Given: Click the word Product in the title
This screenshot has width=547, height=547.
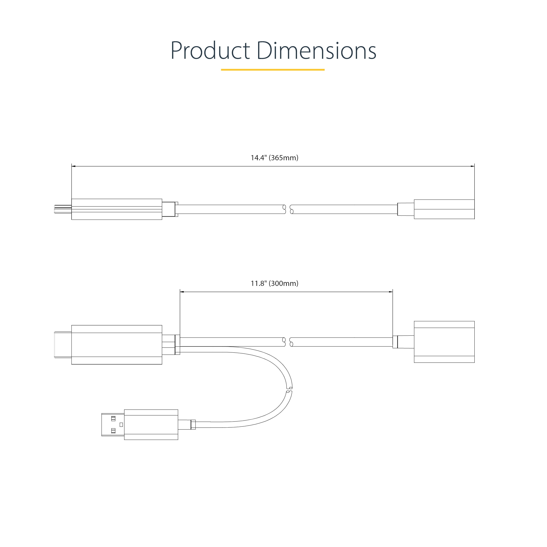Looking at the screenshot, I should [x=210, y=51].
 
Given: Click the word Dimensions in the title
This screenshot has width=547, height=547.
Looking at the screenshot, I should [x=316, y=51].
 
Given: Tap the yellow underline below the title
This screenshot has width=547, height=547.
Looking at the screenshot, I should [x=273, y=70].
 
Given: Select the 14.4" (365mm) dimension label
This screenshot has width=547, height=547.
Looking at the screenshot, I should [x=274, y=158].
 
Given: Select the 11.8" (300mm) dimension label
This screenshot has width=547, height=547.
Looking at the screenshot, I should [x=274, y=283].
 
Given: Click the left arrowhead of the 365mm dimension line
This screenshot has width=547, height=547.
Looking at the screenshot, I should [x=73, y=166].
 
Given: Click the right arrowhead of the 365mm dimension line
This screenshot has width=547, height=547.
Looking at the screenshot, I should [x=473, y=166].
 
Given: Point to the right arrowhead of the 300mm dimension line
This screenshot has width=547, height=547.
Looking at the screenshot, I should [x=391, y=292].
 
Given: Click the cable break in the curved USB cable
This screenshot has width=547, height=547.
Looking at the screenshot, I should [x=289, y=390].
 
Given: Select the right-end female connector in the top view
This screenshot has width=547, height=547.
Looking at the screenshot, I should [x=444, y=209].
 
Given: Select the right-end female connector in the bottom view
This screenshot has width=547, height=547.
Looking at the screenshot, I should [x=444, y=342].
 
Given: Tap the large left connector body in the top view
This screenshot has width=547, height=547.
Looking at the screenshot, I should [x=117, y=209].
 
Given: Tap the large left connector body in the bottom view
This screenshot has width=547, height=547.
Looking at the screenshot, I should [x=117, y=345].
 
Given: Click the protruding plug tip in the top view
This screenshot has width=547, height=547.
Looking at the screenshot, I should [x=63, y=209].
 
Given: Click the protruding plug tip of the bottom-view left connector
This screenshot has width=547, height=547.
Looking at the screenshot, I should [x=63, y=345].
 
